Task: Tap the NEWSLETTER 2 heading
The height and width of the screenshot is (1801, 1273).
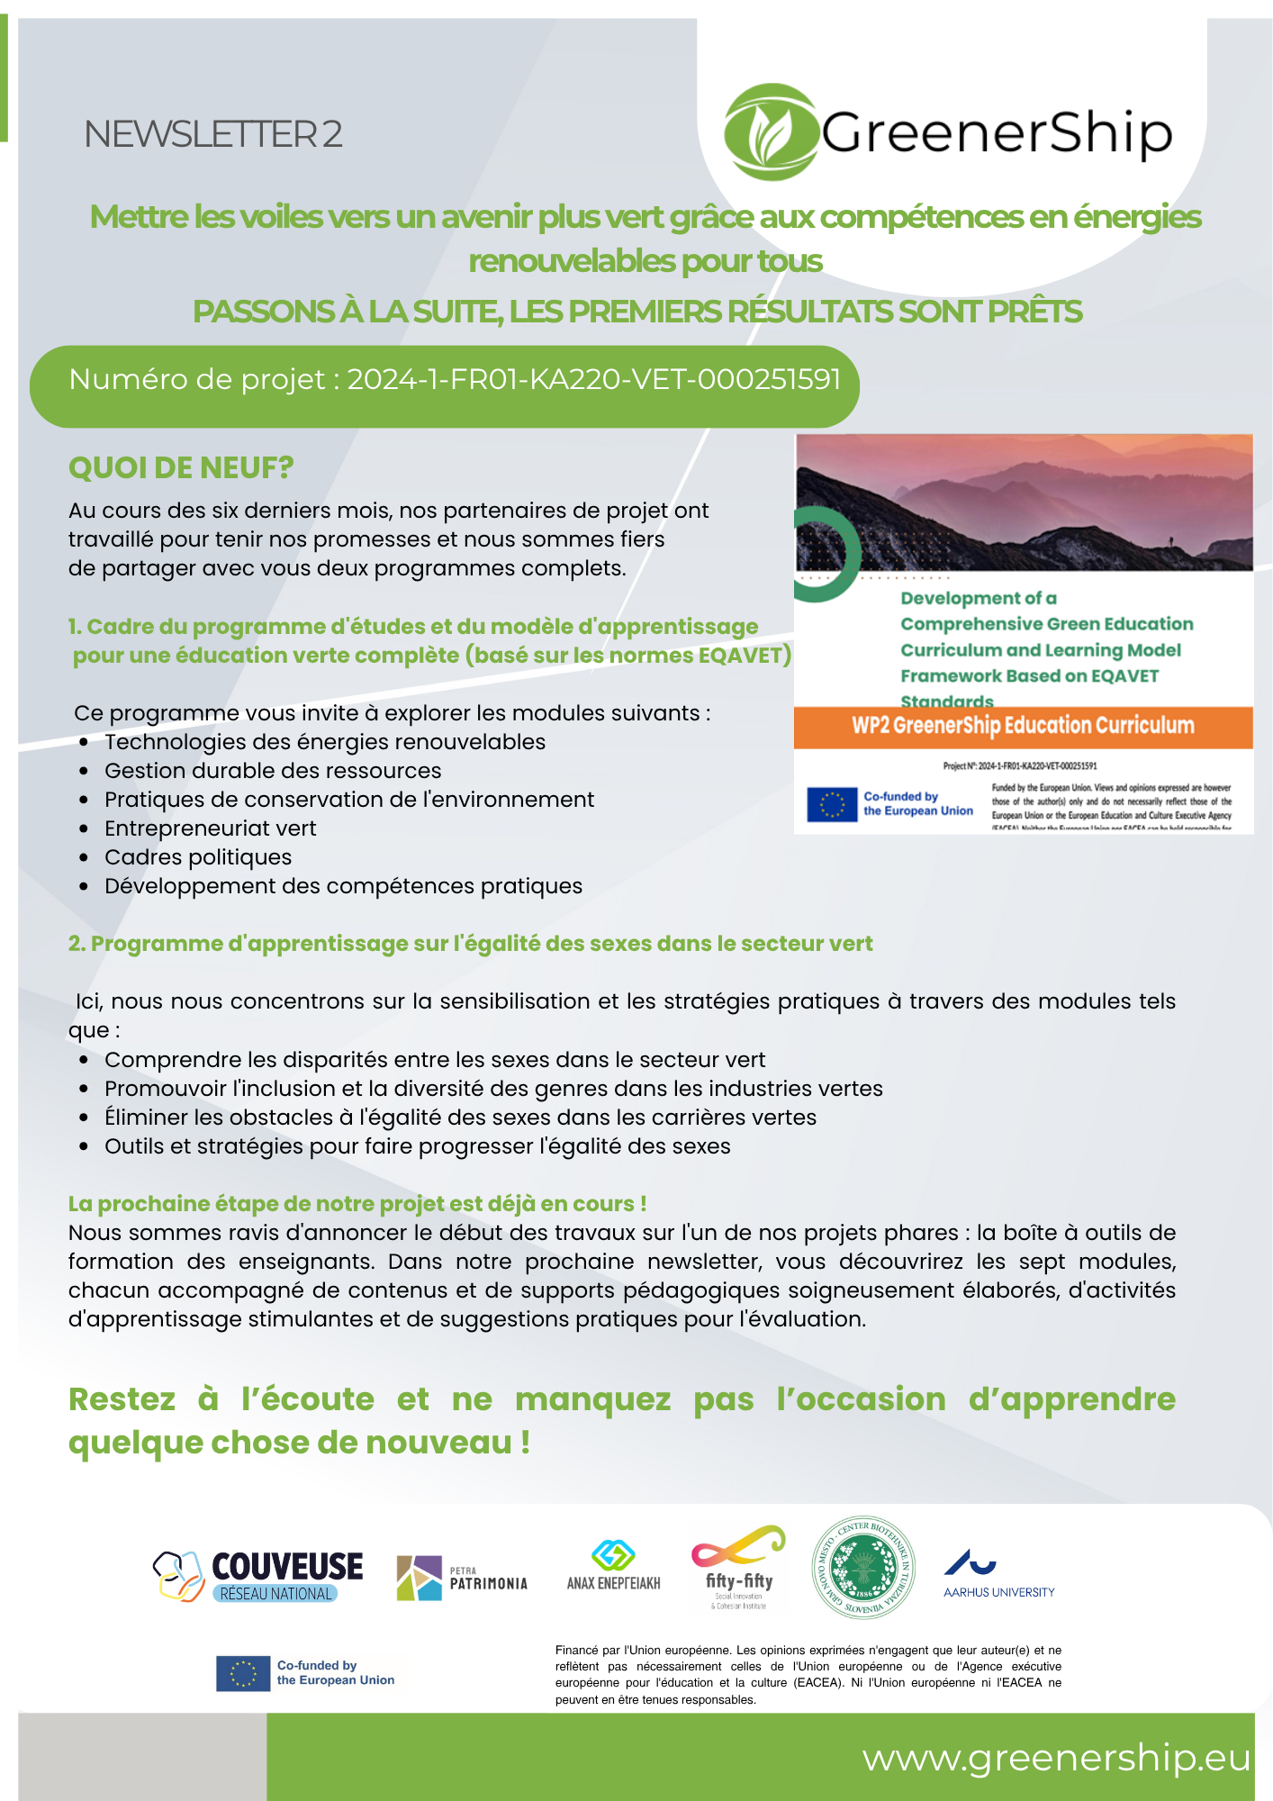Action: click(x=213, y=134)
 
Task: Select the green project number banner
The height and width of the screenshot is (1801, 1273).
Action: click(x=445, y=386)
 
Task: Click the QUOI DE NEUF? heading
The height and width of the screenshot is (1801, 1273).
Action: click(x=181, y=468)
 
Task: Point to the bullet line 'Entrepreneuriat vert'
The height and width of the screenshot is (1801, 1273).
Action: click(x=210, y=828)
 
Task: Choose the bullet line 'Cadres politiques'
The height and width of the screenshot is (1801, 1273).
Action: click(x=198, y=857)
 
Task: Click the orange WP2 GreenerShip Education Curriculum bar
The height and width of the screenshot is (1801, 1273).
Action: click(x=1023, y=727)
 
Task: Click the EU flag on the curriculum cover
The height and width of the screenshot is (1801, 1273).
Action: click(x=831, y=804)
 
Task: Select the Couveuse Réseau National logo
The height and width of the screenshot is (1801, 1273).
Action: click(x=258, y=1576)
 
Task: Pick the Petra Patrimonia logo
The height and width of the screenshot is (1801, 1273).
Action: click(x=462, y=1578)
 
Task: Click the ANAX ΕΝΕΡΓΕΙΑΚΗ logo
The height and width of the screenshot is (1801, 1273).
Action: click(x=613, y=1568)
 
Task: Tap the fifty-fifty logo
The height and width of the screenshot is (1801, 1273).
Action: click(x=739, y=1567)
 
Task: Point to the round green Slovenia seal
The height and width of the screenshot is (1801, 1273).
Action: click(x=863, y=1567)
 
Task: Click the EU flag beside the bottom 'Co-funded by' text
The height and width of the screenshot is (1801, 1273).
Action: click(x=243, y=1673)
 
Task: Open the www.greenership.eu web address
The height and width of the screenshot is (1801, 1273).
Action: click(x=1056, y=1758)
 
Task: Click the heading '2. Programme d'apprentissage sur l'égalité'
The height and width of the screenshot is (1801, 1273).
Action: click(x=470, y=944)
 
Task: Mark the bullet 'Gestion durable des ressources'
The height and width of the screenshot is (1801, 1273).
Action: click(x=273, y=771)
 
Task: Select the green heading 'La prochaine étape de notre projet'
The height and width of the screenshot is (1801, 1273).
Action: click(x=357, y=1204)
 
